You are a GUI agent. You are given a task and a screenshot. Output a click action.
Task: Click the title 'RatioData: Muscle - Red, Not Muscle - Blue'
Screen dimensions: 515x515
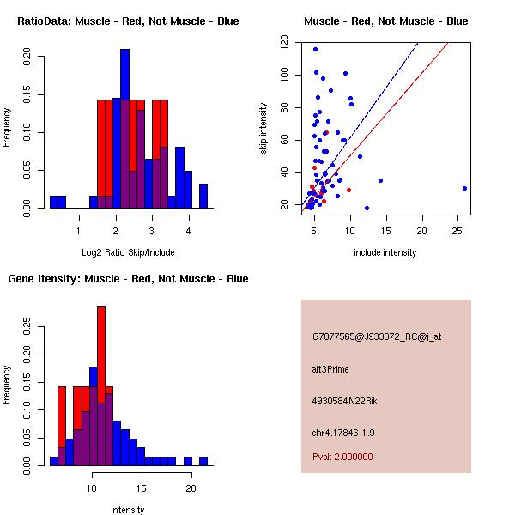(x=128, y=21)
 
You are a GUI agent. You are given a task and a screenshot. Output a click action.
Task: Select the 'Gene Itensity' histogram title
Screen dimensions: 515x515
(x=128, y=278)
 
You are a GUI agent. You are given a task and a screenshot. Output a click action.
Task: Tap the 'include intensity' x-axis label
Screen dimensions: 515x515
(x=385, y=252)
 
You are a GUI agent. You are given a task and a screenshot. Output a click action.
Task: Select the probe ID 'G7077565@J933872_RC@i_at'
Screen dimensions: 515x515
(x=377, y=337)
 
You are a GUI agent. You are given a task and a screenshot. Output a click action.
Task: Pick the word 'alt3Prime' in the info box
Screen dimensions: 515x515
(x=330, y=369)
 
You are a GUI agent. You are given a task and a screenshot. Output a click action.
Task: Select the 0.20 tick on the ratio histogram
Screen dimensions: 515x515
(x=27, y=58)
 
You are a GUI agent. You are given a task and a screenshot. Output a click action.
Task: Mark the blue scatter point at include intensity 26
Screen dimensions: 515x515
(x=464, y=188)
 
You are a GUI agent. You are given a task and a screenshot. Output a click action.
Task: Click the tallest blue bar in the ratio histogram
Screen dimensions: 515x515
(x=124, y=129)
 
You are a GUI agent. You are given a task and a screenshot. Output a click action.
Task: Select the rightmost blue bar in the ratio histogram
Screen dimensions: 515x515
(x=203, y=196)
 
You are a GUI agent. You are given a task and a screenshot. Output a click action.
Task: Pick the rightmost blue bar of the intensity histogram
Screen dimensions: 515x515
(x=203, y=461)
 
